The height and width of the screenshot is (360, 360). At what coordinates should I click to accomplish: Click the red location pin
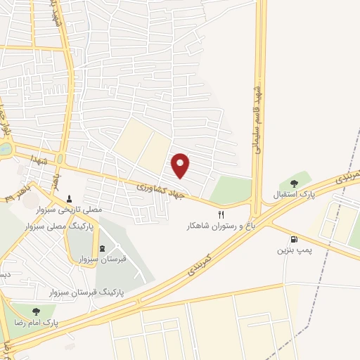pos(181,165)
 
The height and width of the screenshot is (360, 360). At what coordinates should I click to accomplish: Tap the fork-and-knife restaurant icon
pos(221,214)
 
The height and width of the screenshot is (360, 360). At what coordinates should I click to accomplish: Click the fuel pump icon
pos(293,238)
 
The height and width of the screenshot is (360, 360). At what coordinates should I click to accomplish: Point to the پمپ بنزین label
pos(293,250)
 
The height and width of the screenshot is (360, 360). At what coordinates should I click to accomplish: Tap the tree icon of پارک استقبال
pos(293,184)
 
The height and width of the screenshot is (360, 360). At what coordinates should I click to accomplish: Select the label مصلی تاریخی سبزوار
pos(69,210)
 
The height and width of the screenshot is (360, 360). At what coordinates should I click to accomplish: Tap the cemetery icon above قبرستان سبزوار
pos(103,247)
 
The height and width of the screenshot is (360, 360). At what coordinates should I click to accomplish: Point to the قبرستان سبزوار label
pos(103,259)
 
